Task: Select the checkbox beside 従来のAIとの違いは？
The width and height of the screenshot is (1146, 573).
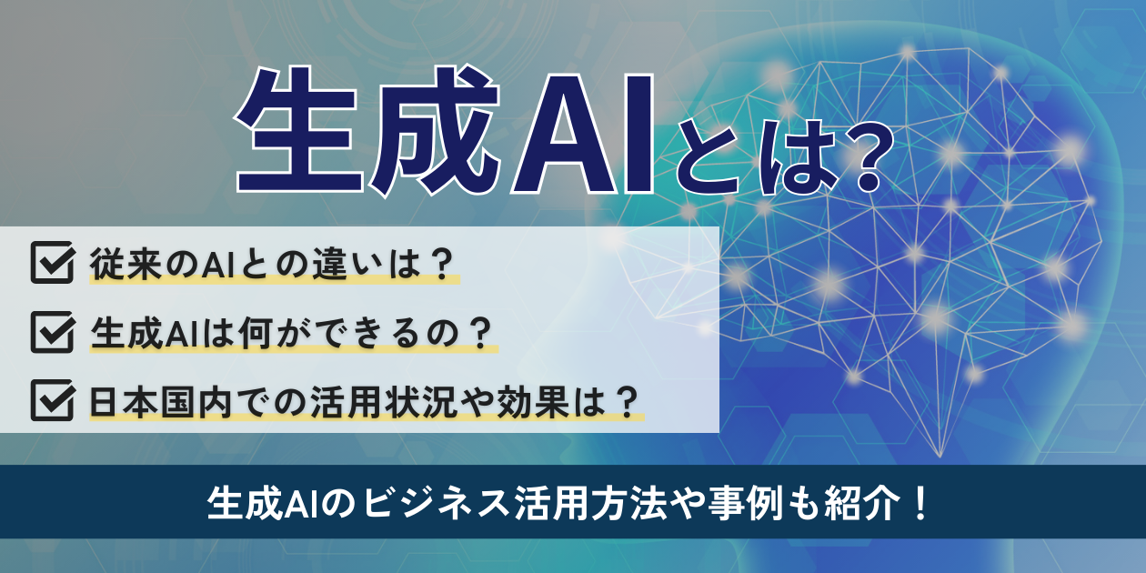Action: (52, 263)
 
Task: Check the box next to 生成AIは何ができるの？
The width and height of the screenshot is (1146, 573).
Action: (52, 331)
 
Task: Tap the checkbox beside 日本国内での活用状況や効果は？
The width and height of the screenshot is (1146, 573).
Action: (52, 400)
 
